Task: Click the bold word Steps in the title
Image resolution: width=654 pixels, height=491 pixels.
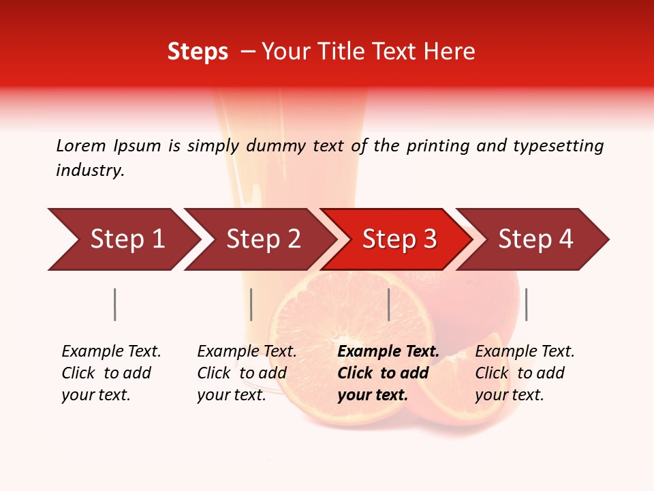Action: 198,52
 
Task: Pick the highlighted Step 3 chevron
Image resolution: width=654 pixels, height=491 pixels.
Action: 399,239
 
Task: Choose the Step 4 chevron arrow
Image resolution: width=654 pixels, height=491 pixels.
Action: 535,239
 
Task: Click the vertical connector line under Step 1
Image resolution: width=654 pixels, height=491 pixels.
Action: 114,304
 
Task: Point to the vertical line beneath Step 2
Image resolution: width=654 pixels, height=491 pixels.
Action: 251,304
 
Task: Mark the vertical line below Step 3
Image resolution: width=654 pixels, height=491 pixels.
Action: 388,304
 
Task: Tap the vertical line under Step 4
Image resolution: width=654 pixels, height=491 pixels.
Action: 526,304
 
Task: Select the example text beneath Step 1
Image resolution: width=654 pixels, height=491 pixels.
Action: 111,373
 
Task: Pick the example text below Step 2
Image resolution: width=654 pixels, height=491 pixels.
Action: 247,373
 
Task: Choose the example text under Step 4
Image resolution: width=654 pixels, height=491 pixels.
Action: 525,373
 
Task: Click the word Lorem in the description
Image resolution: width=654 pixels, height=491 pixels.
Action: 81,146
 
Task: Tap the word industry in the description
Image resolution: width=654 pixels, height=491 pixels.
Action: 90,170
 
